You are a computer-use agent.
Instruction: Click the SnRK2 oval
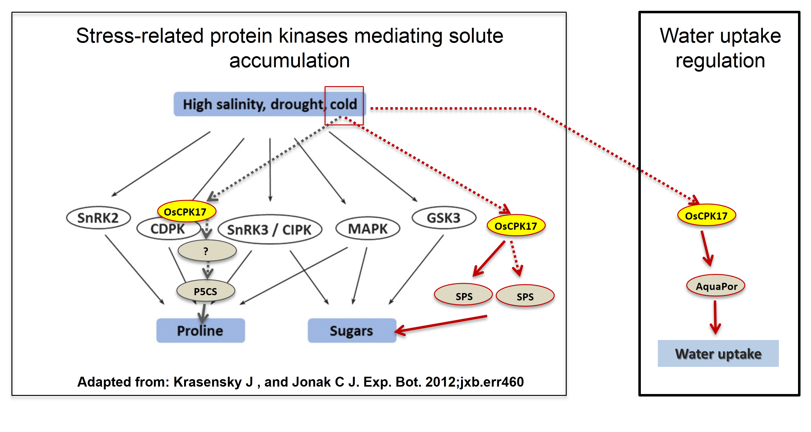point(98,218)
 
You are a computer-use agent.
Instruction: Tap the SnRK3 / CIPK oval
point(270,230)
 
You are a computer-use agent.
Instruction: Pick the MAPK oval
point(368,229)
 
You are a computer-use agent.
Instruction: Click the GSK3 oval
point(443,218)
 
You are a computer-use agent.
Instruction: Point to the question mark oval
point(207,251)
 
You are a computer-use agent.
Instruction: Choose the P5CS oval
point(206,291)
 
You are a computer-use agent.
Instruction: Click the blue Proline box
point(200,331)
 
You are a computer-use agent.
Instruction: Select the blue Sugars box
point(351,331)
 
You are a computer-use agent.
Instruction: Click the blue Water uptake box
point(718,354)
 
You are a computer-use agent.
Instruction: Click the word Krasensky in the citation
point(213,382)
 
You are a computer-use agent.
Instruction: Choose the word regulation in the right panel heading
point(720,61)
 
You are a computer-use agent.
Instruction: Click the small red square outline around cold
point(344,87)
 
